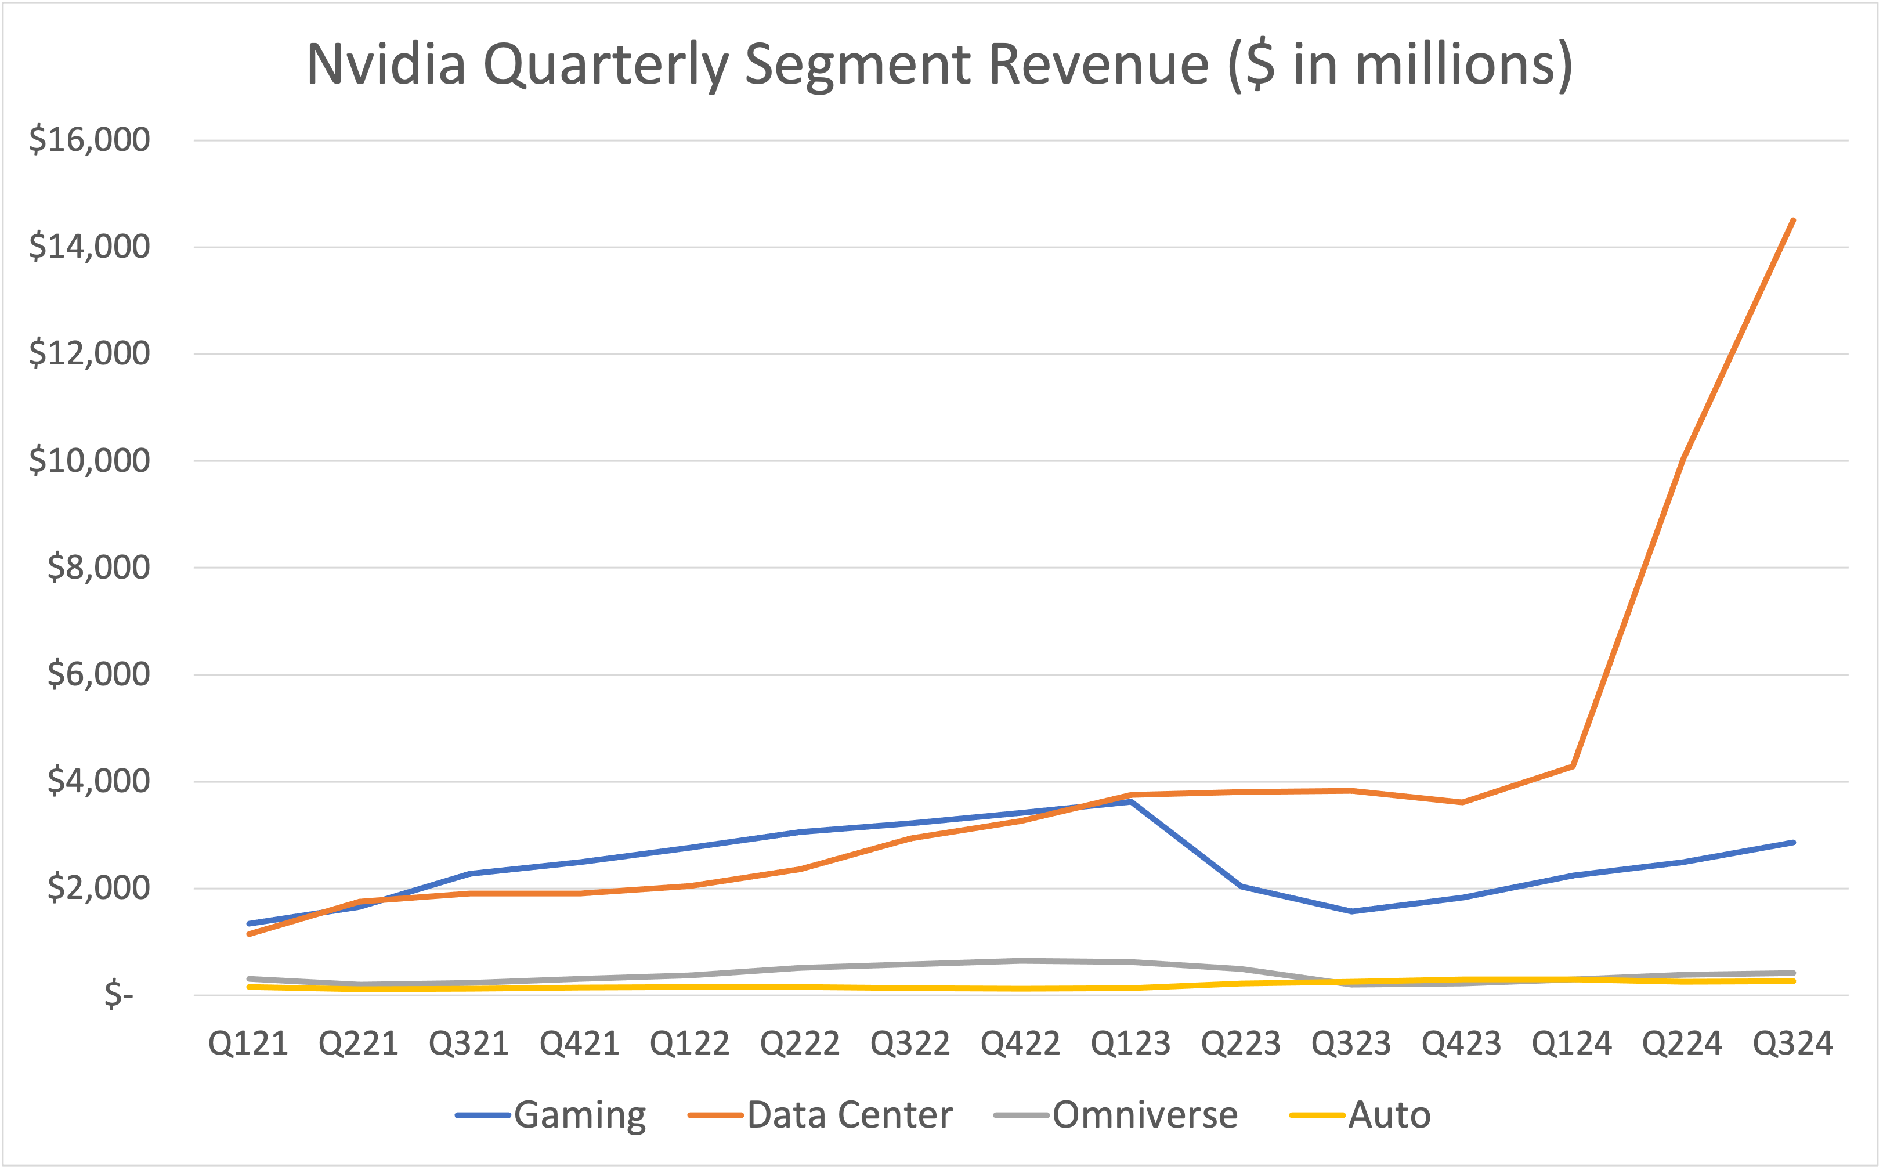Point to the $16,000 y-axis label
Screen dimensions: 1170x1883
coord(89,140)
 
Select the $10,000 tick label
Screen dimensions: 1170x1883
coord(89,460)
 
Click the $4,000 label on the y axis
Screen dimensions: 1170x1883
coord(98,781)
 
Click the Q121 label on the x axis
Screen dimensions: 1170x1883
coord(248,1044)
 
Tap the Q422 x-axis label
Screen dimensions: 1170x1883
coord(1020,1044)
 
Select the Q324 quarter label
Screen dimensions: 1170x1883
coord(1792,1044)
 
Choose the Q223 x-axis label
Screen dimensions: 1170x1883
coord(1241,1044)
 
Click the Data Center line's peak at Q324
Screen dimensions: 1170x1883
coord(1792,221)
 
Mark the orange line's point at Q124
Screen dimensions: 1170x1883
coord(1573,766)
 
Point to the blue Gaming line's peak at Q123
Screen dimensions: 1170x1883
coord(1130,801)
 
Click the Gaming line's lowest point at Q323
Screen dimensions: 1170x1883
coord(1351,912)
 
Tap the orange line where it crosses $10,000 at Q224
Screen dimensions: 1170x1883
coord(1683,461)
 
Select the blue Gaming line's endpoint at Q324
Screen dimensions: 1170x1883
coord(1792,842)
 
